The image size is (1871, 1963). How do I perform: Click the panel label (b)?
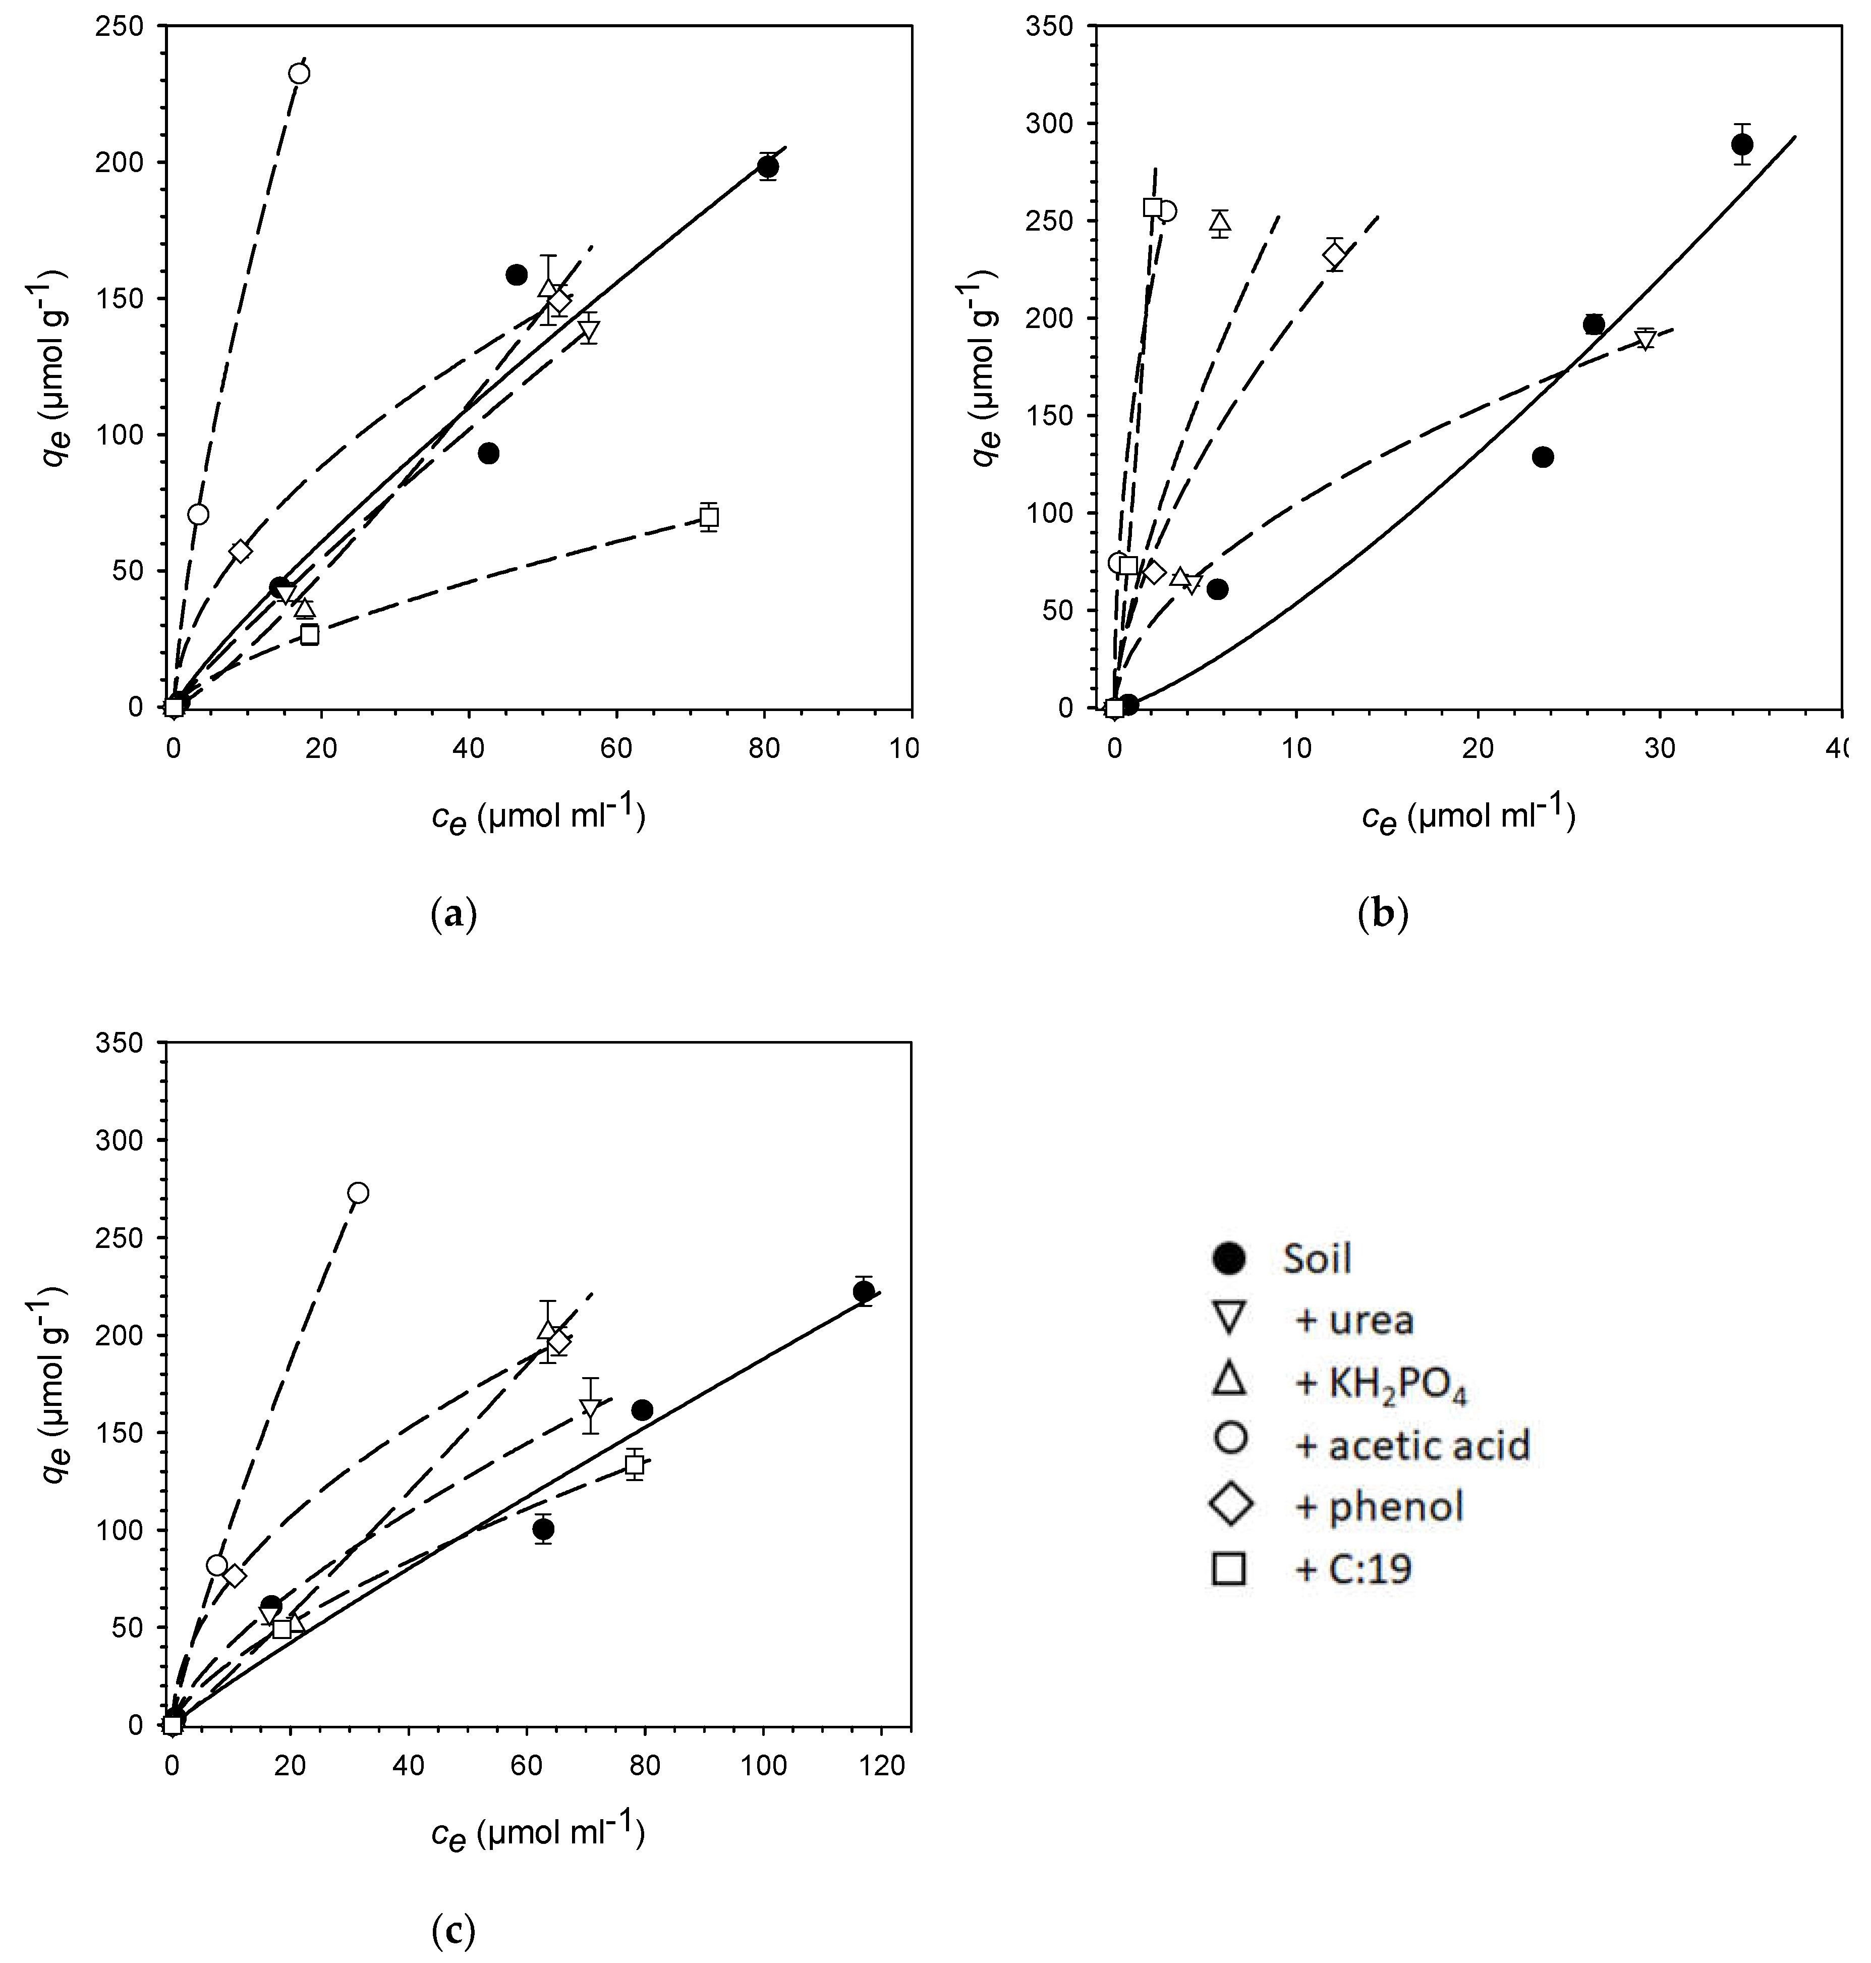coord(1383,914)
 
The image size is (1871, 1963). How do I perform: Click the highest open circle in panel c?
coord(358,1193)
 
